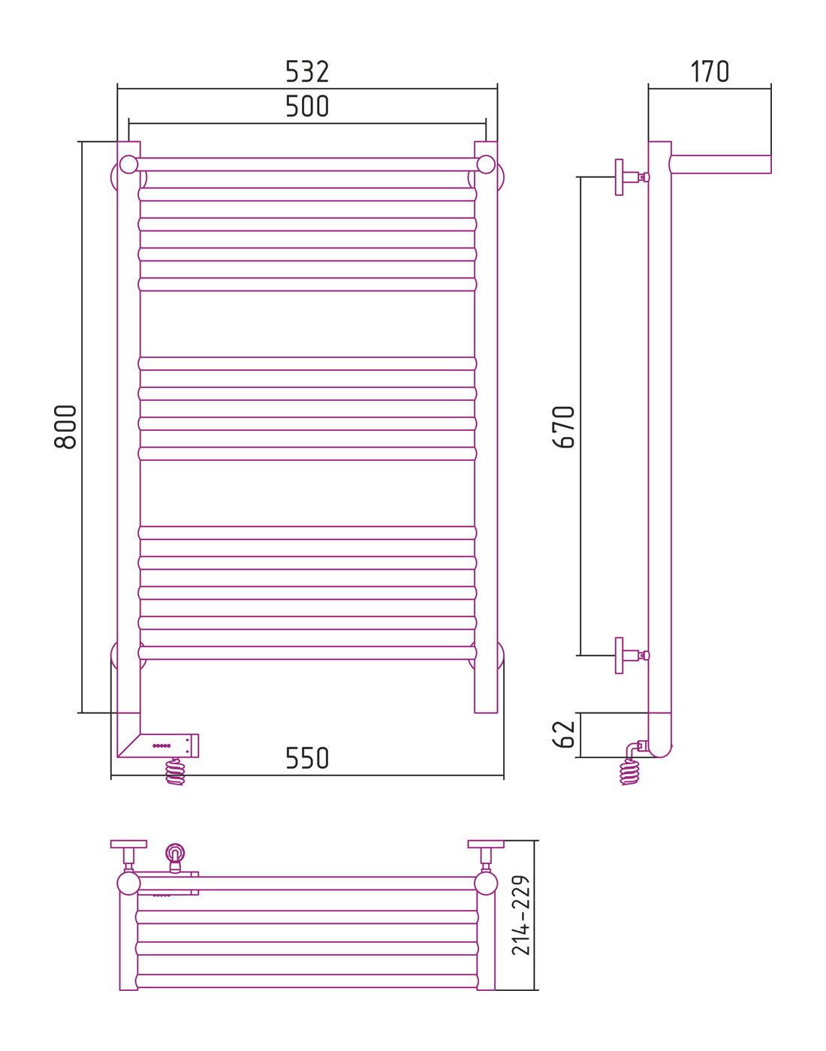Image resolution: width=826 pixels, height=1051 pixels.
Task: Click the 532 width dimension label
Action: pyautogui.click(x=307, y=71)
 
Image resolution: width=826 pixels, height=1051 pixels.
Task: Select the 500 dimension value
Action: pyautogui.click(x=307, y=107)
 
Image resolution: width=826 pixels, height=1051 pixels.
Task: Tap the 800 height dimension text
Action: pyautogui.click(x=65, y=427)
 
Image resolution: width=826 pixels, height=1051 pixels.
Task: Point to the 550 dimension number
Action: pyautogui.click(x=307, y=758)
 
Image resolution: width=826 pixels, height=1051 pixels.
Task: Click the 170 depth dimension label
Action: pyautogui.click(x=710, y=71)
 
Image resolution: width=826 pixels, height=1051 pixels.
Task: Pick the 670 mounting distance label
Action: pyautogui.click(x=563, y=427)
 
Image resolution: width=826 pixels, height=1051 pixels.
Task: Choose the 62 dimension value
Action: pyautogui.click(x=563, y=734)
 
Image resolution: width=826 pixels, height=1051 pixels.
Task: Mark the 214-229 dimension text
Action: pyautogui.click(x=521, y=915)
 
